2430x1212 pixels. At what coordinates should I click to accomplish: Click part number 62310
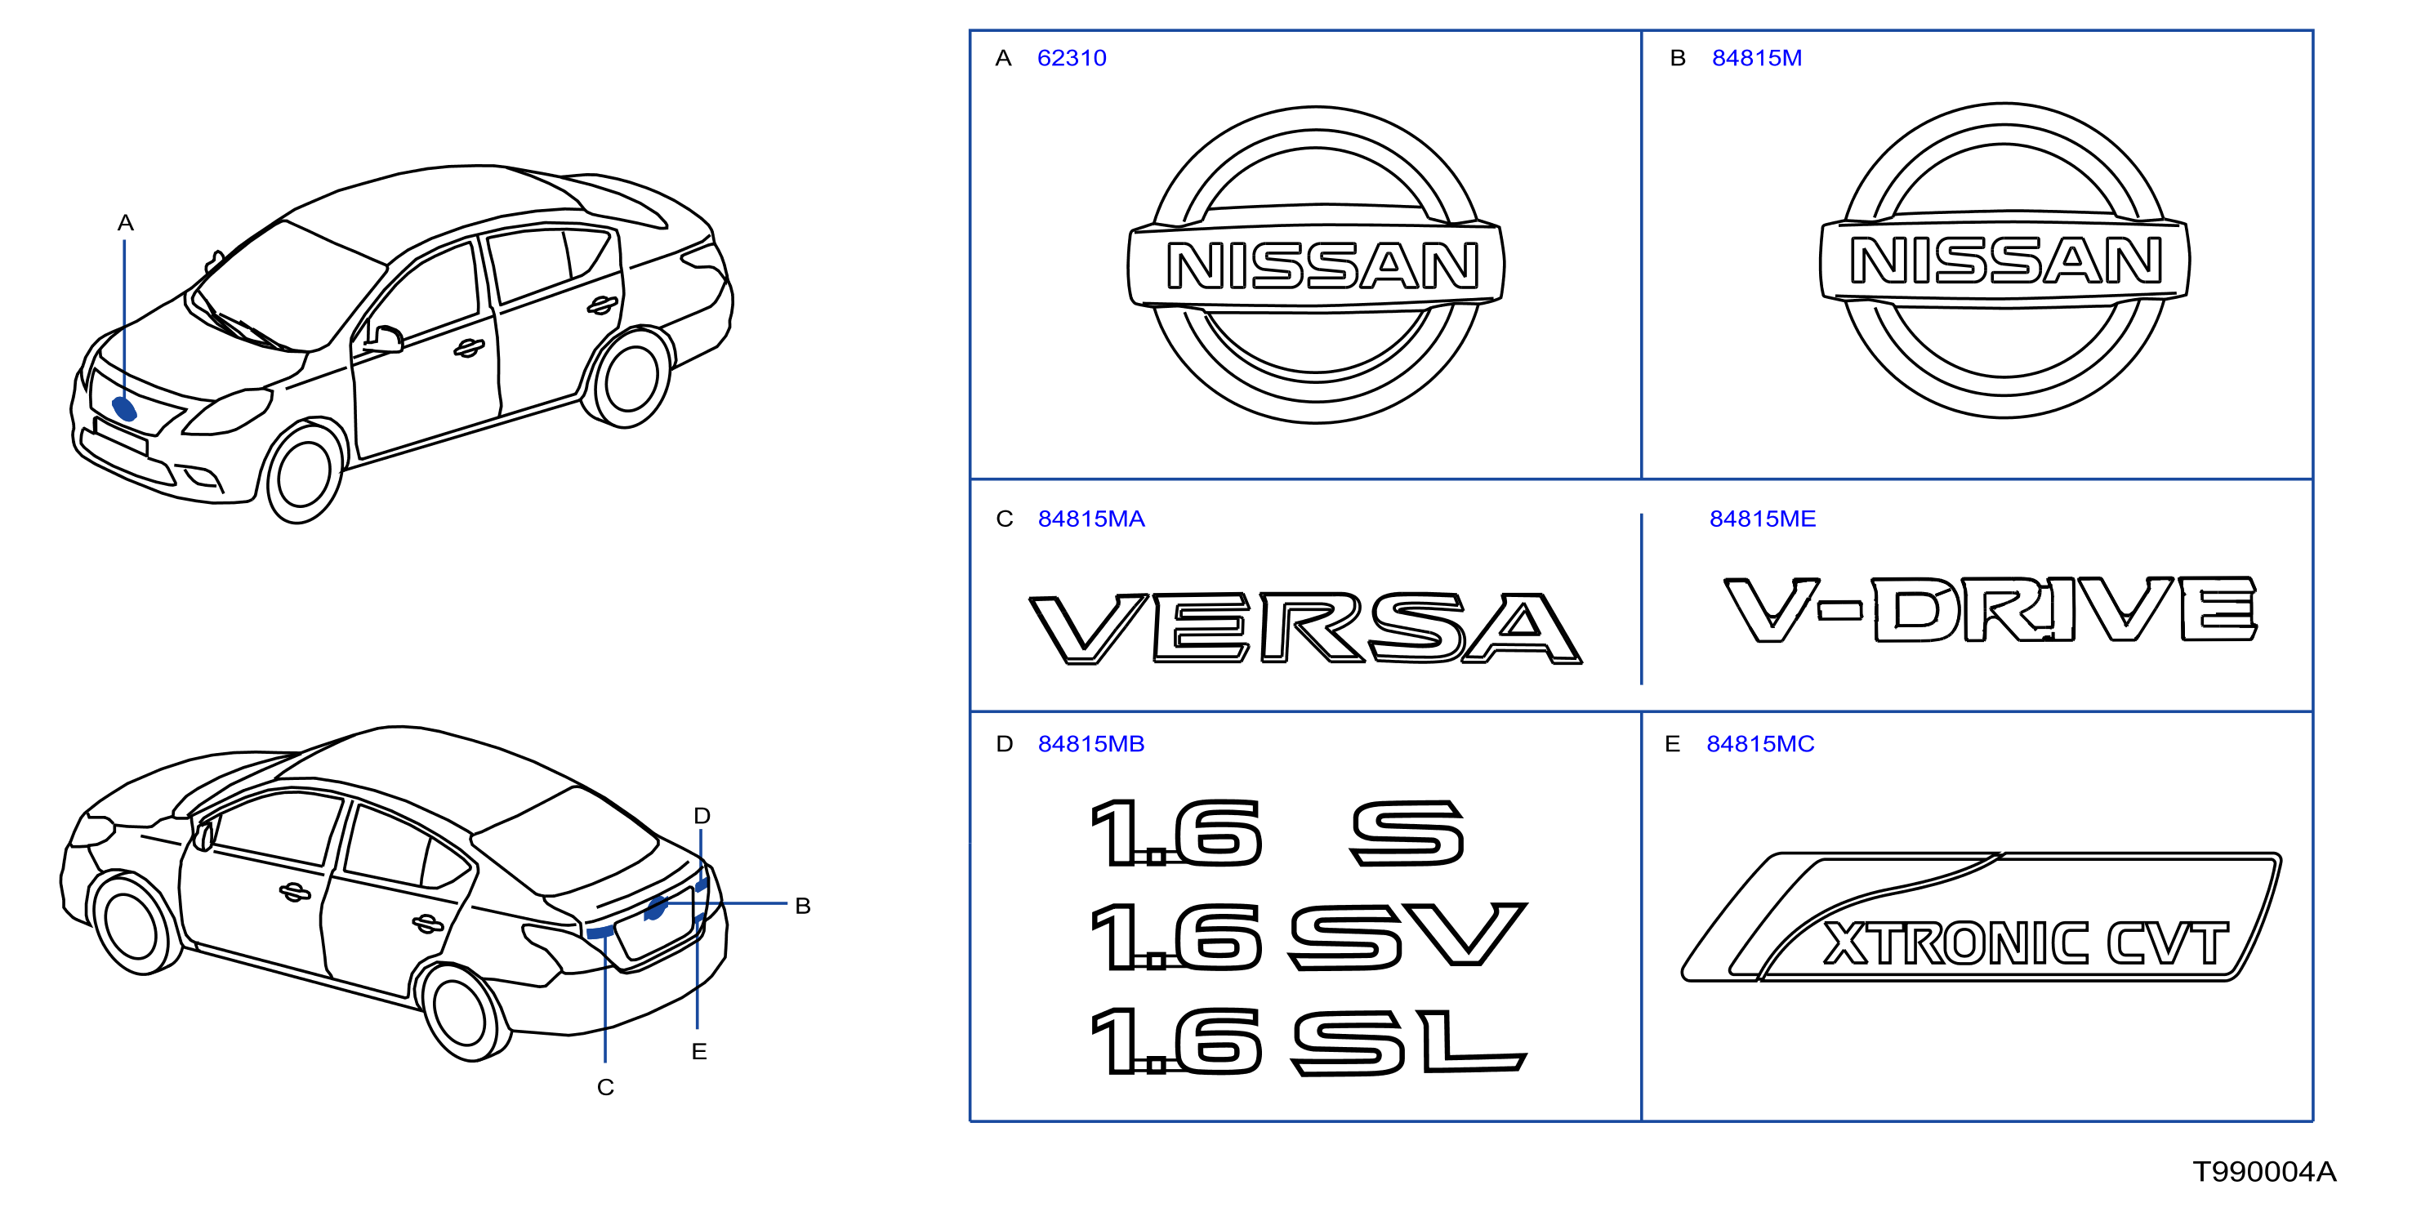1071,59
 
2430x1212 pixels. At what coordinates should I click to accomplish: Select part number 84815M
1756,59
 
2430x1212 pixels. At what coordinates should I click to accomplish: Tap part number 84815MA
1090,519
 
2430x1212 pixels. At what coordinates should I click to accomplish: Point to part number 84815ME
1762,519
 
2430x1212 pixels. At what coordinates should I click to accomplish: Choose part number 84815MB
1090,744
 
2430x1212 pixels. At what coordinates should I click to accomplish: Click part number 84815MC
1760,744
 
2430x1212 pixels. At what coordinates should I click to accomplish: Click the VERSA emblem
1304,628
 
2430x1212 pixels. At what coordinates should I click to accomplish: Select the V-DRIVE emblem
1991,609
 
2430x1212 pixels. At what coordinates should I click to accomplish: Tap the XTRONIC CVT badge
1981,917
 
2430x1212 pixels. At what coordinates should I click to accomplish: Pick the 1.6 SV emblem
1308,937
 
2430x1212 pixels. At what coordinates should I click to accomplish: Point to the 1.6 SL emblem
1308,1041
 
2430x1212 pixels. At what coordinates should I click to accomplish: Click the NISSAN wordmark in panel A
1322,266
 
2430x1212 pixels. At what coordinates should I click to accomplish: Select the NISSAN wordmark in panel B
2005,261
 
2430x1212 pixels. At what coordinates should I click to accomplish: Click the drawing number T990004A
2264,1172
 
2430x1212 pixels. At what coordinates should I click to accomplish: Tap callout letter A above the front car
126,224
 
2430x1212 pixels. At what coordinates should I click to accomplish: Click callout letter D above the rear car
702,816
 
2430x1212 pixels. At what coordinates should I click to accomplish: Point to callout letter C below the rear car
605,1088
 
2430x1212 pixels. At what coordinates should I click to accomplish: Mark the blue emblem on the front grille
124,408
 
